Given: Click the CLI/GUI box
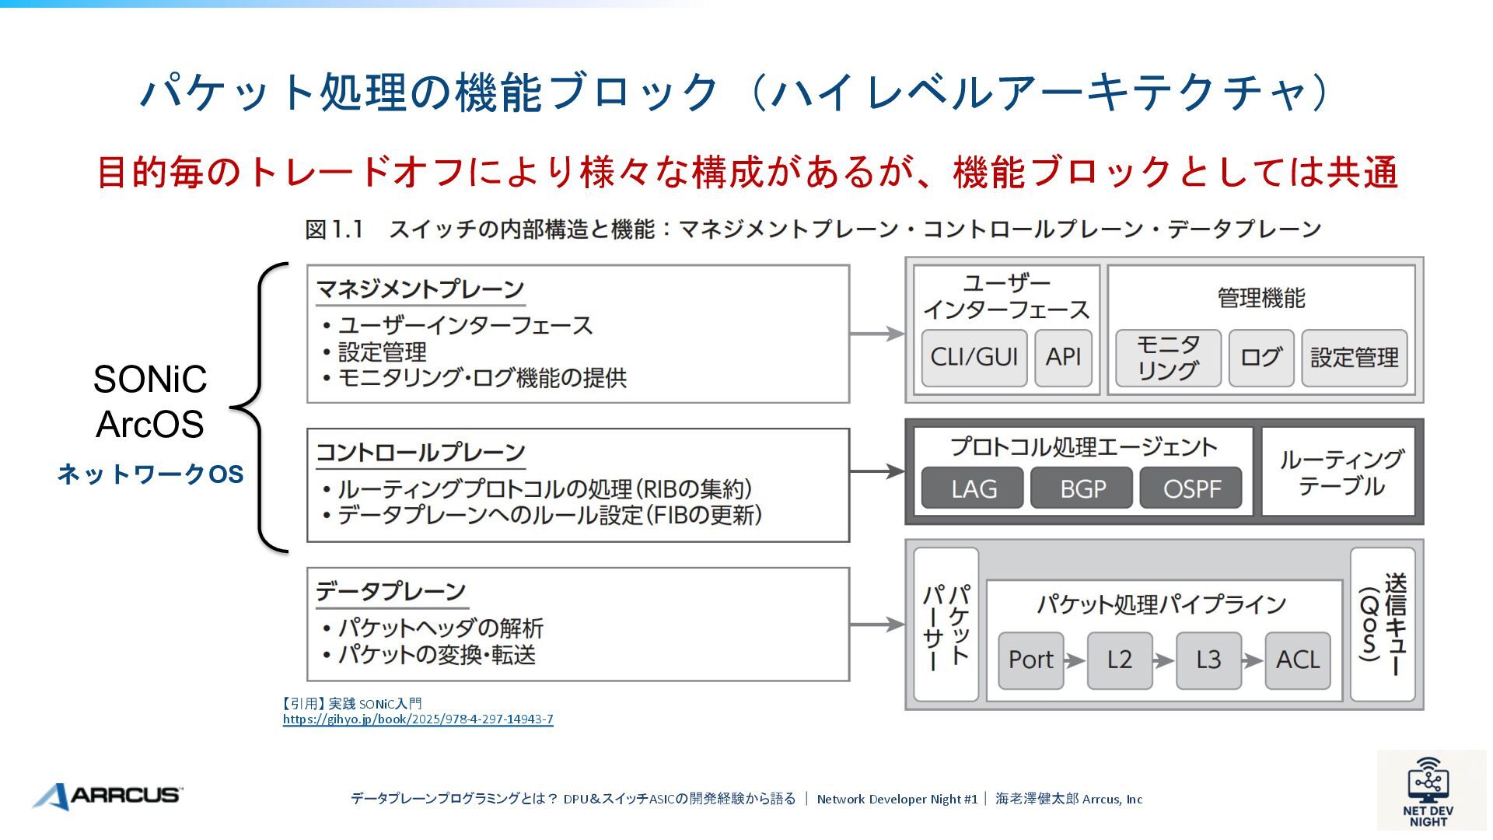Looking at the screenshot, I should click(974, 358).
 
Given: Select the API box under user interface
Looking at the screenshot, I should click(1063, 358).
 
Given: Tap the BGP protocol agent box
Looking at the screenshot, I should click(1082, 488).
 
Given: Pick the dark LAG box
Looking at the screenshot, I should click(973, 488).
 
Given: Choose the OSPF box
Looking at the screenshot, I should click(1191, 488).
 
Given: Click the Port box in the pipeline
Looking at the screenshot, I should click(1030, 660).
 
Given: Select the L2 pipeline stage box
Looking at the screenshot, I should click(1120, 660).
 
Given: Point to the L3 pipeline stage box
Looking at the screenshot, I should click(1208, 660).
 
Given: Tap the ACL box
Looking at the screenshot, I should click(1298, 660).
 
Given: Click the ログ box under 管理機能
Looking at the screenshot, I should click(1260, 358).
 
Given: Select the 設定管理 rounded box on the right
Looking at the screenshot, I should click(1355, 358).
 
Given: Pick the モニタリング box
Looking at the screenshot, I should click(1168, 358).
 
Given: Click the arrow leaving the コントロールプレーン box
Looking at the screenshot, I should click(877, 471).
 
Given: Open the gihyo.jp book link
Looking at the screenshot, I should click(418, 719).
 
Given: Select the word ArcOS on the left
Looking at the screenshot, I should click(150, 425).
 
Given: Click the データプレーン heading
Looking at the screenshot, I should click(390, 592).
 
